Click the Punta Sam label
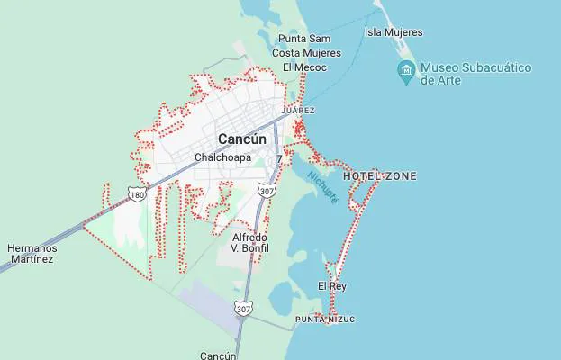(303, 39)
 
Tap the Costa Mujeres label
(306, 53)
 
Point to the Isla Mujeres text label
(394, 33)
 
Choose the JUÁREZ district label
(298, 110)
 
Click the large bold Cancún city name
(242, 139)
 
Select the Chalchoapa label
(222, 157)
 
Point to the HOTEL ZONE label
(379, 176)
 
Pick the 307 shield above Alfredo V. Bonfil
(266, 192)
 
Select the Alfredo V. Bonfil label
(249, 242)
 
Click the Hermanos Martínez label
(32, 254)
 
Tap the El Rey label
(331, 286)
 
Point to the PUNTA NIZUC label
(325, 319)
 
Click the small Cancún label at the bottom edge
(218, 355)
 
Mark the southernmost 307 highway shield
(242, 309)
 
